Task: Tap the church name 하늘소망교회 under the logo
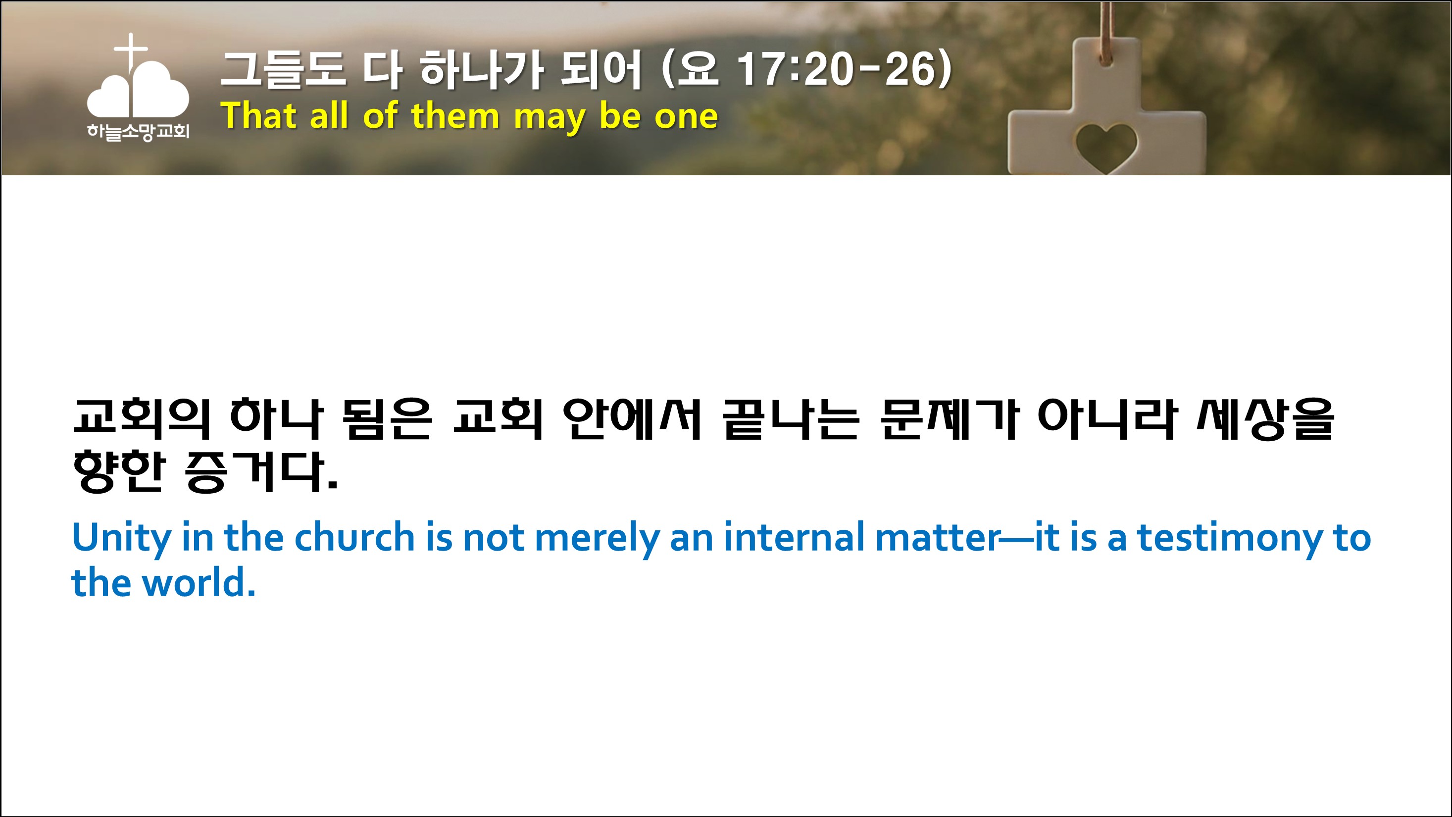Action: (138, 132)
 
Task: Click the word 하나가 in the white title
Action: (482, 69)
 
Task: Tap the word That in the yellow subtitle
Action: (258, 115)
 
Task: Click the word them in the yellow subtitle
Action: (455, 115)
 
